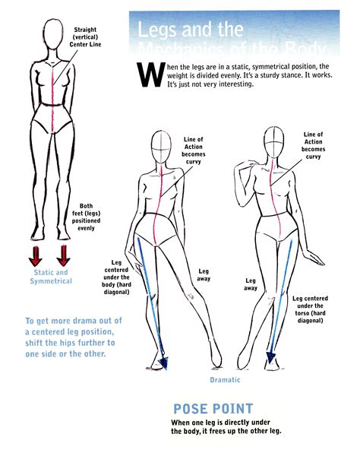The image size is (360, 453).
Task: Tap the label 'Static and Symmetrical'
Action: coord(51,277)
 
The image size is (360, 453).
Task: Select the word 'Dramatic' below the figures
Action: coord(225,379)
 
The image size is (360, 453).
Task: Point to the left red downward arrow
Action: coord(35,253)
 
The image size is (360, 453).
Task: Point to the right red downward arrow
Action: coord(64,253)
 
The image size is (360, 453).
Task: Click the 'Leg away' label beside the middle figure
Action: coord(204,274)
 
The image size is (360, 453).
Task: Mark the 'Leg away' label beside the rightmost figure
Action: coord(251,284)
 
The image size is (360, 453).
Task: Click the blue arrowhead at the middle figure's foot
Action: coord(163,363)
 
